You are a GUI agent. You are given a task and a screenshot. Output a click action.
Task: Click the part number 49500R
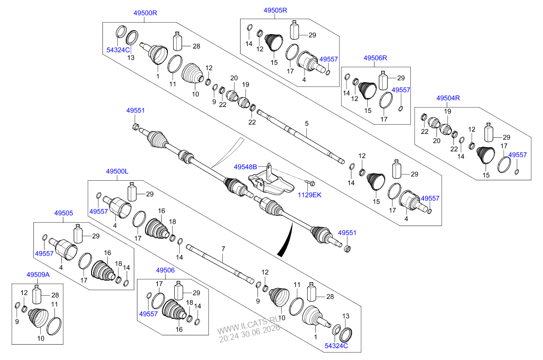pos(145,13)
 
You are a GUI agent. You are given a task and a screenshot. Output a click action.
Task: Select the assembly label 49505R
pos(275,10)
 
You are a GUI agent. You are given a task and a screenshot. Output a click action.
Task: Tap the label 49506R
pos(375,58)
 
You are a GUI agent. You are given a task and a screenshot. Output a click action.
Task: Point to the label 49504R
pos(448,98)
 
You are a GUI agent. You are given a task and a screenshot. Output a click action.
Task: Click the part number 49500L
pos(117,171)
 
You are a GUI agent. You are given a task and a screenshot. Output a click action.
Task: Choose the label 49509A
pos(38,275)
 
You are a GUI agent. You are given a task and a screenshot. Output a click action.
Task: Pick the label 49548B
pos(246,167)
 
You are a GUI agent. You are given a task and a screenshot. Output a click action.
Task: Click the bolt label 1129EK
pos(309,195)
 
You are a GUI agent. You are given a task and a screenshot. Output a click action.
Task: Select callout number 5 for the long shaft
pos(306,124)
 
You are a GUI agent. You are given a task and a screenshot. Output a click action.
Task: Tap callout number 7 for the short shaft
pos(223,249)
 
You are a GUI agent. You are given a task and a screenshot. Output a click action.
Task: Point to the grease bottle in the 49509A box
pos(37,294)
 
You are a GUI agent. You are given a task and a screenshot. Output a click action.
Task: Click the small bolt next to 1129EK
pos(309,182)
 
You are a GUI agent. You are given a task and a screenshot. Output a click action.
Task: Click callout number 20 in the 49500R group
pos(234,78)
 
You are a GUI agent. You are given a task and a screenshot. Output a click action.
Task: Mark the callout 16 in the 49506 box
pos(179,329)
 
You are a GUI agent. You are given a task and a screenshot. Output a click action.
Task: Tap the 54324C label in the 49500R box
pos(118,50)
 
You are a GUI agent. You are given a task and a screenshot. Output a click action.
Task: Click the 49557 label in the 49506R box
pos(400,90)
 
